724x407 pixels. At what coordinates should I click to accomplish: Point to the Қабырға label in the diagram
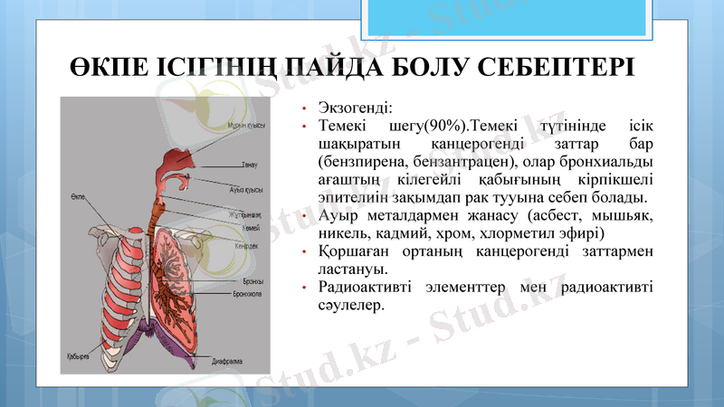(x=77, y=356)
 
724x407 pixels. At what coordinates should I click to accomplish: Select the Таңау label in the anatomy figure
(x=250, y=166)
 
